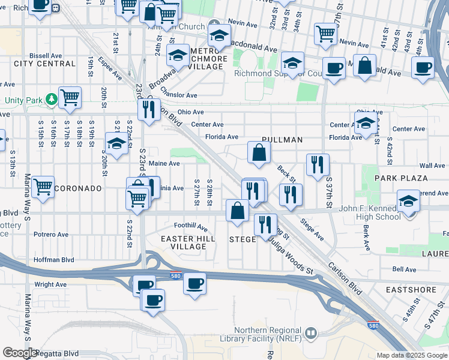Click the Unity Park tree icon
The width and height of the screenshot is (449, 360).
coord(52,99)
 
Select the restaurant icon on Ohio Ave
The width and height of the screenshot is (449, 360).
coord(148,109)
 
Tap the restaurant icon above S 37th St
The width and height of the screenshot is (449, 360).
coord(318,164)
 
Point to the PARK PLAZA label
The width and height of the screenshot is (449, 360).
coord(401,178)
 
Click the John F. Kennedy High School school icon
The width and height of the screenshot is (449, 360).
coord(408,201)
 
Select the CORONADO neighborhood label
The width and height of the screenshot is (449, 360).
coord(78,188)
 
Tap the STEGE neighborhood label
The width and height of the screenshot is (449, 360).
coord(243,239)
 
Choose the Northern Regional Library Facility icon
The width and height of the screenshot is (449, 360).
coord(311,333)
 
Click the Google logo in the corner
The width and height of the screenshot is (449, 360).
coord(20,353)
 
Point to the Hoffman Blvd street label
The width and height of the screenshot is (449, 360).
coord(54,260)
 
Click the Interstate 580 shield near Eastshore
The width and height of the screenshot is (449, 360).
coord(373,325)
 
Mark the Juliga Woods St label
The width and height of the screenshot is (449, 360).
coord(291,257)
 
